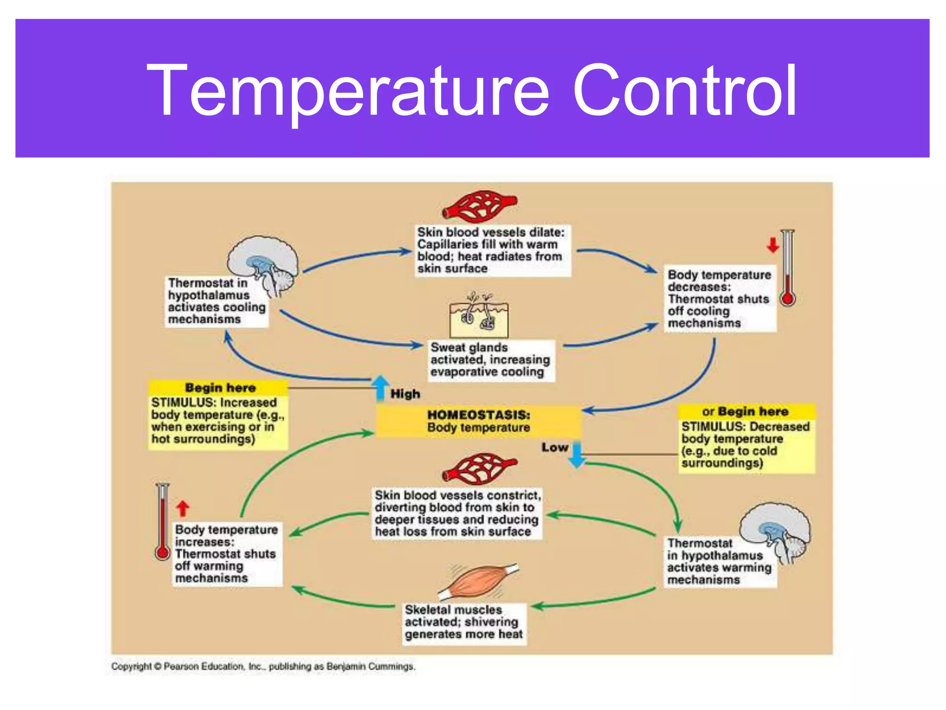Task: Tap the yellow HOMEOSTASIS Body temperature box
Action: point(478,421)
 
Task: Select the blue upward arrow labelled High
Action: point(380,387)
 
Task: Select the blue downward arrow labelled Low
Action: point(577,454)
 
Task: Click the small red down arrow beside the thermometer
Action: point(773,245)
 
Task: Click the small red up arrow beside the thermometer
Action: point(183,508)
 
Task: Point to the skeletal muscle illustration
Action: point(479,582)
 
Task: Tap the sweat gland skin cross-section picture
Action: point(479,316)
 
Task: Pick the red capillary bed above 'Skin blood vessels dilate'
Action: point(479,206)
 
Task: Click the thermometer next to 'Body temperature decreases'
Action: point(788,268)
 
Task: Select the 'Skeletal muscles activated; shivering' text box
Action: point(463,622)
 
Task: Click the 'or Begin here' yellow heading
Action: point(746,411)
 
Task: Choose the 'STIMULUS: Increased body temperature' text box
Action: point(218,421)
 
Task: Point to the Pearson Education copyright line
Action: point(263,667)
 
